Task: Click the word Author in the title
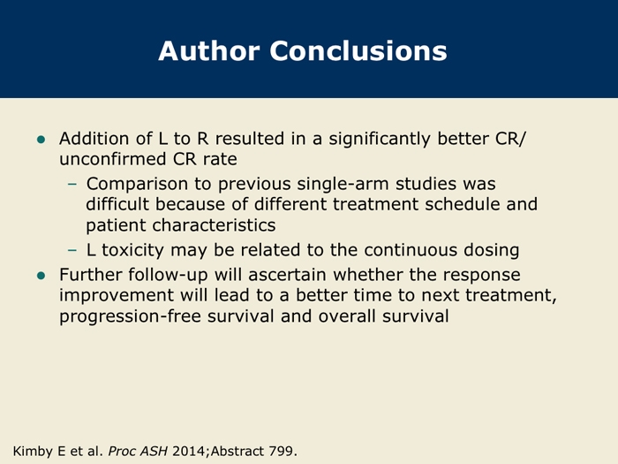point(209,51)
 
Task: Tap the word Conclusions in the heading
point(358,51)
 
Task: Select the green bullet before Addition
point(41,140)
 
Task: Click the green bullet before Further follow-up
point(41,276)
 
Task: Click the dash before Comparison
point(72,184)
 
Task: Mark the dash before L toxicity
point(72,250)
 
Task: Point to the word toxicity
point(132,250)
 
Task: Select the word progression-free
point(130,316)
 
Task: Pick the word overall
point(347,316)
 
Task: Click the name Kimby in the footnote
point(33,451)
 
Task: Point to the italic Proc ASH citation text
point(138,451)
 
